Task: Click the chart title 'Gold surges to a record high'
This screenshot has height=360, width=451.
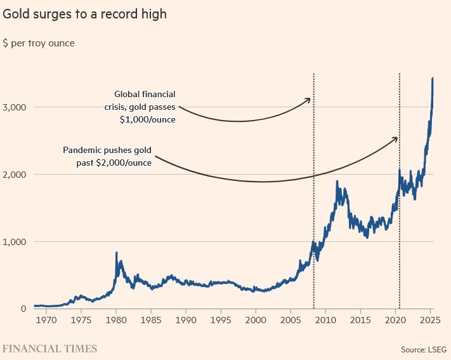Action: [x=85, y=13]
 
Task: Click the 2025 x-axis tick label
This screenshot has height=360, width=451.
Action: [x=429, y=321]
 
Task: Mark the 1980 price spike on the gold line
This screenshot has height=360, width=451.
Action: [x=116, y=253]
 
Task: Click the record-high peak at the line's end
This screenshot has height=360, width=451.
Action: [x=433, y=78]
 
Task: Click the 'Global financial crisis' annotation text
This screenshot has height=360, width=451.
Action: [x=141, y=107]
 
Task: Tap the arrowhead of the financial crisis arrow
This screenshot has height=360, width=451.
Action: [x=310, y=99]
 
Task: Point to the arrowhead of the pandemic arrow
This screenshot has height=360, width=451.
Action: [x=397, y=138]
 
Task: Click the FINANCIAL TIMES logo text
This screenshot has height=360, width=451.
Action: [x=49, y=349]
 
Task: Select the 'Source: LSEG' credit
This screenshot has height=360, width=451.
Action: [x=423, y=349]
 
